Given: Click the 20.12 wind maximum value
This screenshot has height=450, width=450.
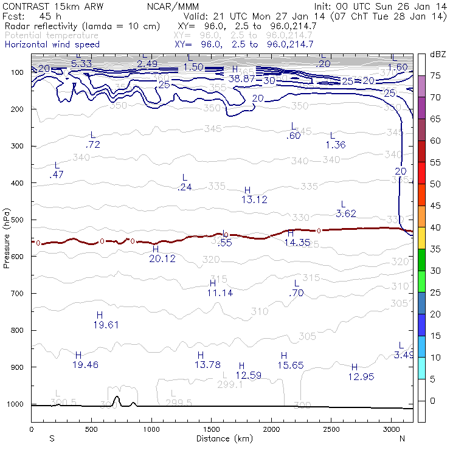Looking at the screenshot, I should pyautogui.click(x=162, y=258).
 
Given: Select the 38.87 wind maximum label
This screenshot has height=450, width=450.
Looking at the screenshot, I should pyautogui.click(x=242, y=79).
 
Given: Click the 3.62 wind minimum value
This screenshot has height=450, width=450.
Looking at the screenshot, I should pyautogui.click(x=346, y=213).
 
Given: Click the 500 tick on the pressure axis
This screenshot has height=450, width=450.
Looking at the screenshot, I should pyautogui.click(x=19, y=220).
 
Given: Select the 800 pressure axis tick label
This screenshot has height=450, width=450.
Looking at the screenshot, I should pyautogui.click(x=19, y=330).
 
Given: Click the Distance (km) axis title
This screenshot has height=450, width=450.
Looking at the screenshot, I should pyautogui.click(x=222, y=438).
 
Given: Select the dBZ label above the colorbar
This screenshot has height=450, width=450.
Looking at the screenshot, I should pyautogui.click(x=438, y=55).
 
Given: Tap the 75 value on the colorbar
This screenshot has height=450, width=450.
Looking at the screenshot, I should pyautogui.click(x=436, y=75).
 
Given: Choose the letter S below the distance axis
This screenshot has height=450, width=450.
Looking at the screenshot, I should pyautogui.click(x=52, y=438).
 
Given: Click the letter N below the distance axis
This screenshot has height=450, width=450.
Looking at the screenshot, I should pyautogui.click(x=402, y=438).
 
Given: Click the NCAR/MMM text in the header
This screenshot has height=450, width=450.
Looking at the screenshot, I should pyautogui.click(x=173, y=6).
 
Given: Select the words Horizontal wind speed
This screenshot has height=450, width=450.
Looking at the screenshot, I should pyautogui.click(x=52, y=44).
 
